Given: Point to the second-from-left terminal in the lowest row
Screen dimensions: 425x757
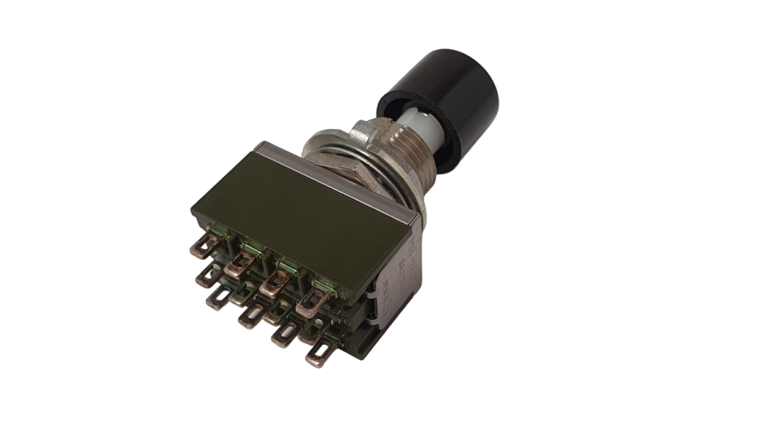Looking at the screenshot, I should [248, 318].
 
